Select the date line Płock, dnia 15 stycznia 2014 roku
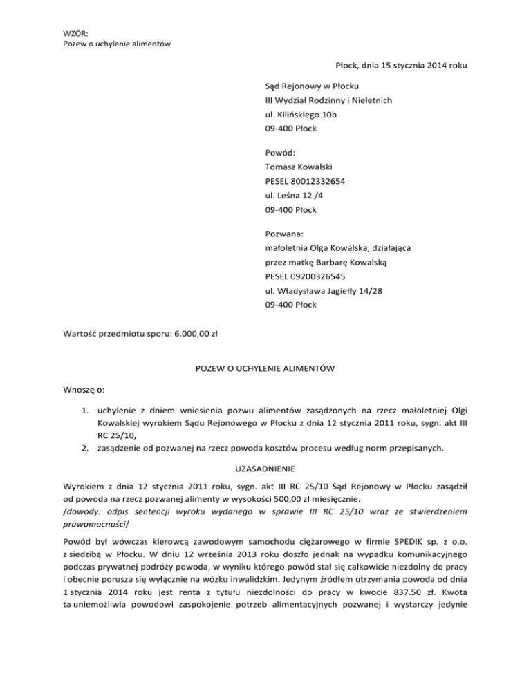(x=401, y=66)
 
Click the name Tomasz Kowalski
(x=299, y=167)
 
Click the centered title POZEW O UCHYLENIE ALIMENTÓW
(x=266, y=369)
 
